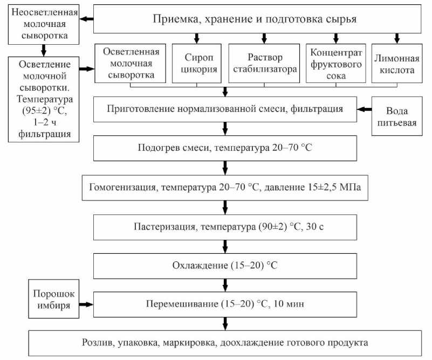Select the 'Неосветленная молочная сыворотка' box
pos(42,24)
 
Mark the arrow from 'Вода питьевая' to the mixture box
pos(365,109)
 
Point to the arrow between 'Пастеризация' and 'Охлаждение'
pos(225,246)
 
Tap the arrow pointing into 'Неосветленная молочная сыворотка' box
pos(86,20)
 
